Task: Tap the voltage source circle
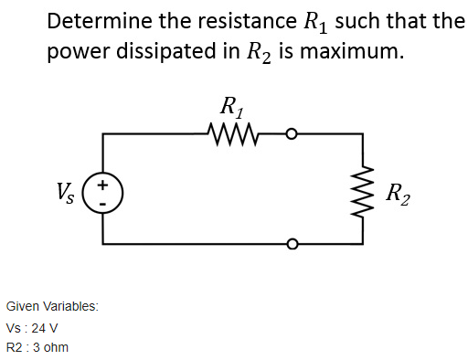[102, 192]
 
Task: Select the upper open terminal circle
[292, 134]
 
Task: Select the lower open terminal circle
[292, 244]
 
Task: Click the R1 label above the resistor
[232, 106]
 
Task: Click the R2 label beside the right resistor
[399, 194]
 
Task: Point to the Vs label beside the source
[66, 192]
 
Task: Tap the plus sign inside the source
[103, 184]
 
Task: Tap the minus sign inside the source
[103, 201]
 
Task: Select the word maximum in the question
[352, 51]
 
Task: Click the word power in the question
[75, 52]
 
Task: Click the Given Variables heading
[52, 306]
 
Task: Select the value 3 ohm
[49, 347]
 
